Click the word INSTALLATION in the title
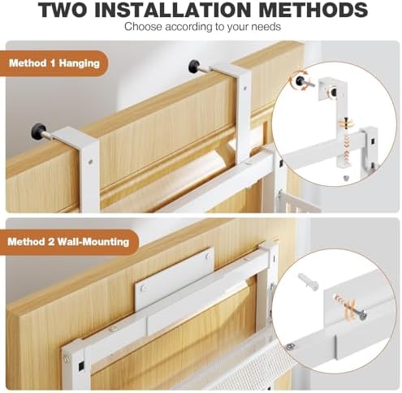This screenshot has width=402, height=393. pyautogui.click(x=174, y=10)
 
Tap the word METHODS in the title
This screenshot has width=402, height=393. pyautogui.click(x=313, y=10)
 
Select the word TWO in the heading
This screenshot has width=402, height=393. pyautogui.click(x=63, y=10)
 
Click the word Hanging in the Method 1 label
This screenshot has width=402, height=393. pyautogui.click(x=80, y=63)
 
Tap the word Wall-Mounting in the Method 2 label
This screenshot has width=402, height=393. pyautogui.click(x=93, y=241)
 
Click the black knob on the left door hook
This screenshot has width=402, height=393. pyautogui.click(x=39, y=131)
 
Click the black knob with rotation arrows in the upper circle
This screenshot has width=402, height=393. pyautogui.click(x=300, y=80)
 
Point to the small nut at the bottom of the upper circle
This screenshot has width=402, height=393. pyautogui.click(x=345, y=178)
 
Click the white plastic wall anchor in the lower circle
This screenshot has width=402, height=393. pyautogui.click(x=309, y=282)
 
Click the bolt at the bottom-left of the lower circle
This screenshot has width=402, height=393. pyautogui.click(x=291, y=346)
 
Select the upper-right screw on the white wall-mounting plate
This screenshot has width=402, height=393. pyautogui.click(x=208, y=256)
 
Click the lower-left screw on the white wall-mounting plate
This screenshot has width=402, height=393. pyautogui.click(x=144, y=288)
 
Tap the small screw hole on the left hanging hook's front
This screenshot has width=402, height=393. pyautogui.click(x=90, y=162)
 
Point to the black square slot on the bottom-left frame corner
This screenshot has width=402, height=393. pyautogui.click(x=80, y=366)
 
